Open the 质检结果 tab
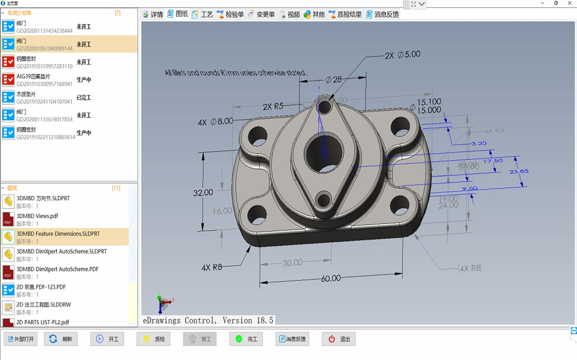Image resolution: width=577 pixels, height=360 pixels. point(345,15)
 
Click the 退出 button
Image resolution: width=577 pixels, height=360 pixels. point(339,339)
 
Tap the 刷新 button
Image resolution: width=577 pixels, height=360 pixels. point(61,339)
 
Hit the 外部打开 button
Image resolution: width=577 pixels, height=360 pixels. point(21,339)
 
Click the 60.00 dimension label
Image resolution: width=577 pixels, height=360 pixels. point(331,279)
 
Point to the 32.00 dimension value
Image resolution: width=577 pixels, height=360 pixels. point(203,192)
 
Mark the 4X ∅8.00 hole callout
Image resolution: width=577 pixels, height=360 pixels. point(215,122)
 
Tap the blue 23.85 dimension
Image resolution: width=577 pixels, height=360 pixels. point(518,171)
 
